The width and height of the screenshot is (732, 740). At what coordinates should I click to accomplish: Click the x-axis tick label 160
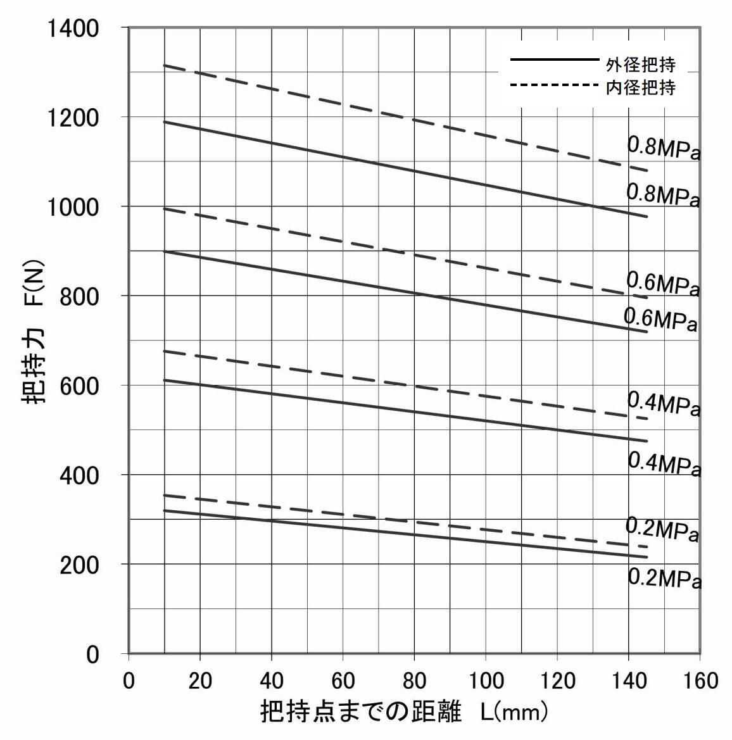[x=700, y=680]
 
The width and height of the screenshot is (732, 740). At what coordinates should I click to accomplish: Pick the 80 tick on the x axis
[x=414, y=680]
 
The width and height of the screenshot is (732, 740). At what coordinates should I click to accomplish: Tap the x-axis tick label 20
[x=200, y=680]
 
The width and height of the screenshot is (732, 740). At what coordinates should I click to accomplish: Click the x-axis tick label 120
[x=557, y=680]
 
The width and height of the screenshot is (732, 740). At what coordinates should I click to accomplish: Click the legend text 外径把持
[x=640, y=65]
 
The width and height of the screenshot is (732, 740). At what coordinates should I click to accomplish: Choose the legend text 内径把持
[x=640, y=87]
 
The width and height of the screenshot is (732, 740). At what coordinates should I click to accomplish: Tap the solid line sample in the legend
[x=554, y=60]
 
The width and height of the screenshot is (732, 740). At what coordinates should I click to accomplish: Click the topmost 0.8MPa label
[x=663, y=149]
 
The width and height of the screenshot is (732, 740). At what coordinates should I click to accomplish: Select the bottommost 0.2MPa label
[x=664, y=579]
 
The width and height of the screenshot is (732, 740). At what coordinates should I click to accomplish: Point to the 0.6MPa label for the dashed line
[x=662, y=284]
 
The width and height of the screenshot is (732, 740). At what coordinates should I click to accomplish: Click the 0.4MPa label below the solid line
[x=664, y=464]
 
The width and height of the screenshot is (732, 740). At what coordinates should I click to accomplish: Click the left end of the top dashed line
[x=165, y=65]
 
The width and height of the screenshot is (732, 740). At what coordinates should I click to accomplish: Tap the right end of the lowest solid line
[x=647, y=557]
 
